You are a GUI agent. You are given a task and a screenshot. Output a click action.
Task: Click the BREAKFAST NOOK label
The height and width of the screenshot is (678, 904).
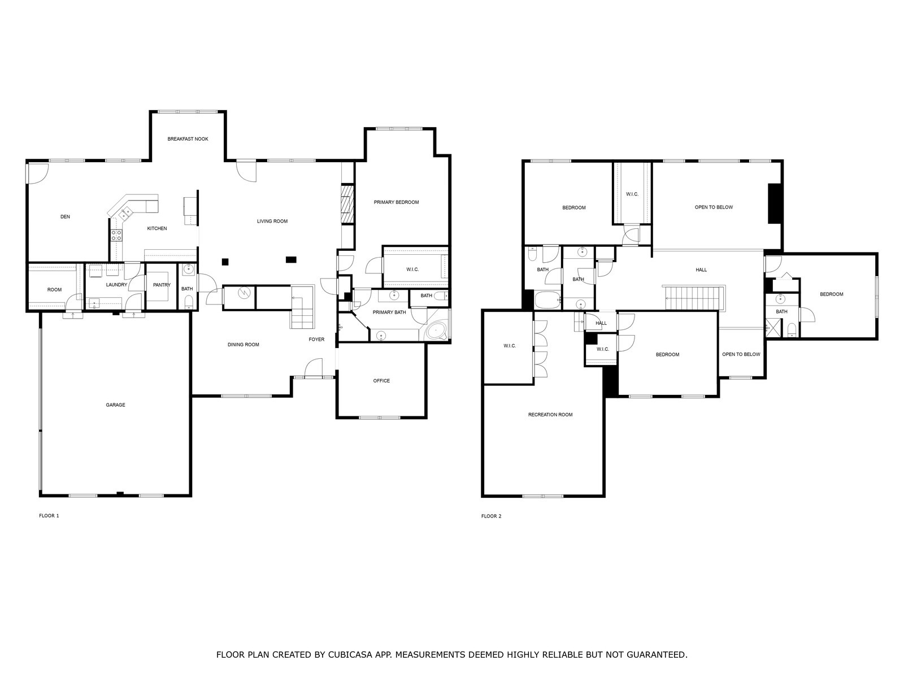coord(188,139)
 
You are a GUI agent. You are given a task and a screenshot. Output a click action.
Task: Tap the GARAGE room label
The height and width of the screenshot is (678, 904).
coord(115,405)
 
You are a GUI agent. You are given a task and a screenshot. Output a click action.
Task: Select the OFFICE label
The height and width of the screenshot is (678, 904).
coord(381,381)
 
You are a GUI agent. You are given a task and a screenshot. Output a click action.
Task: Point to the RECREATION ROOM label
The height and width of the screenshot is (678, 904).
coord(550,415)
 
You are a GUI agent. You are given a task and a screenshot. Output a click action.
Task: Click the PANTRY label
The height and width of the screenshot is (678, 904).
coord(162,285)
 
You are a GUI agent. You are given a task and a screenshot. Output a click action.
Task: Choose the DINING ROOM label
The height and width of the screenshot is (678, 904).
coord(244,345)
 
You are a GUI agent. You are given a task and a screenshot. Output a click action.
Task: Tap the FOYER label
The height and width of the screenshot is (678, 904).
coord(317,340)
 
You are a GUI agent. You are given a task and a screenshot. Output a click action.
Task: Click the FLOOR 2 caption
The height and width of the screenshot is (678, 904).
coord(492,516)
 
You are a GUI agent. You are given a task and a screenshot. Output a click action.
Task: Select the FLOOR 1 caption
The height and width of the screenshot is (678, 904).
coord(49,516)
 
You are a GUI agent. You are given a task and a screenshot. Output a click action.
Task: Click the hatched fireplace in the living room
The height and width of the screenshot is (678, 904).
coord(347,204)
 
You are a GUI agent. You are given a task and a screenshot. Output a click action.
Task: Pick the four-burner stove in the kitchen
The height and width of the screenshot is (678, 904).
coord(116,235)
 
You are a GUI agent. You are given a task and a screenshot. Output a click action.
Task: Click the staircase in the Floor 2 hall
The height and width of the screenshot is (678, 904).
coord(693,298)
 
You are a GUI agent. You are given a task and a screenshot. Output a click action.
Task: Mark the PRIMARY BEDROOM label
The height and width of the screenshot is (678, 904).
coord(396,202)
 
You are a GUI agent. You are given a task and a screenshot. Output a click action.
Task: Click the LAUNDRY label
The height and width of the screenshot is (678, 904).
coord(116,285)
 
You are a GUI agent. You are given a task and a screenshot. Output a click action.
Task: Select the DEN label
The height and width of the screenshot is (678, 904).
coord(65,217)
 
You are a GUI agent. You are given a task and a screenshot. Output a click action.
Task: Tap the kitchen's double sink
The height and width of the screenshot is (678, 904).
coord(125,213)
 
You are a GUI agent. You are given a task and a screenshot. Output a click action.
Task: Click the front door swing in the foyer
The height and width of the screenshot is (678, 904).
coord(314,367)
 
